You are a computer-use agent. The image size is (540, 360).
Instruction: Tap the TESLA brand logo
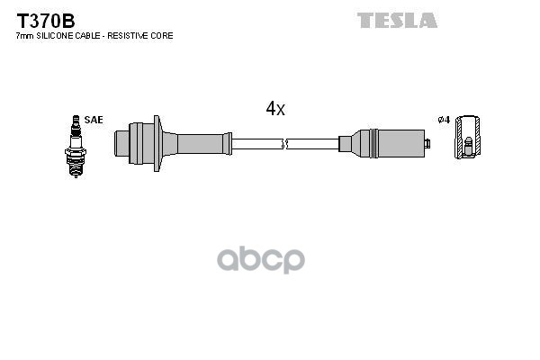(x=397, y=20)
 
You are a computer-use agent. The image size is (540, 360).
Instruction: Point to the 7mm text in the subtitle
(x=23, y=36)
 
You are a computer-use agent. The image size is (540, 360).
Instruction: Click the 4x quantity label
(x=274, y=110)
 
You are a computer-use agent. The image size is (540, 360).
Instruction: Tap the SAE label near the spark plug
(x=93, y=119)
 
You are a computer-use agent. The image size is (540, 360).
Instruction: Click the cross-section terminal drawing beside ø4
(x=468, y=139)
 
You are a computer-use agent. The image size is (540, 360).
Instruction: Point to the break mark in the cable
(x=284, y=143)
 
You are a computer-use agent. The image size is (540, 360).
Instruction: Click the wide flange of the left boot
(x=157, y=142)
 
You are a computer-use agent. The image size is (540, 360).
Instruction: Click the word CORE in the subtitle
(x=162, y=36)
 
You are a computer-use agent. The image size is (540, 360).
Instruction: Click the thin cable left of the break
(x=256, y=143)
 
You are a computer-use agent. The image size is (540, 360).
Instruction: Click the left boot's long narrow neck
(x=202, y=143)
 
